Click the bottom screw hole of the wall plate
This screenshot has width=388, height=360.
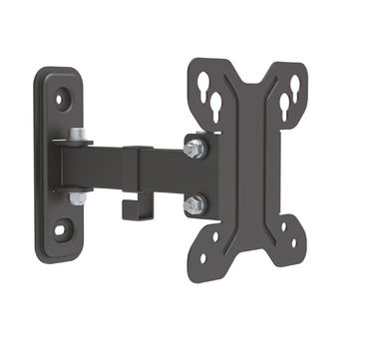tap(59, 230)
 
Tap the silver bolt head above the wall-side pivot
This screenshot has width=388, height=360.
tap(77, 135)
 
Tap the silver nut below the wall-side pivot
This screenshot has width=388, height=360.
tap(77, 197)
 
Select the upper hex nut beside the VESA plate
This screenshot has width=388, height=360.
tap(195, 149)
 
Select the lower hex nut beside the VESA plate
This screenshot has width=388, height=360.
tap(194, 204)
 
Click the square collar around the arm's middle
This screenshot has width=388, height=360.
tap(137, 172)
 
